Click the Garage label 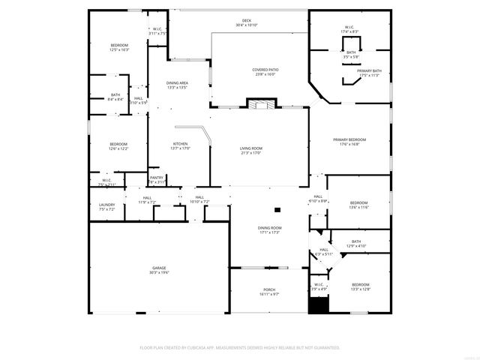[x=159, y=270]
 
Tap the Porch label [x=269, y=292]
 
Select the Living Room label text [x=251, y=151]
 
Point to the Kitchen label [x=181, y=146]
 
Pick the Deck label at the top [x=246, y=22]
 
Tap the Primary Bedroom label [x=349, y=141]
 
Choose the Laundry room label [x=106, y=207]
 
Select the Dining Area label [x=177, y=85]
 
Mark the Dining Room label [x=269, y=229]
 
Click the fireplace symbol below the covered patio [x=262, y=105]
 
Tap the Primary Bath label [x=369, y=73]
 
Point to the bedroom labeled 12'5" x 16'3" [x=119, y=47]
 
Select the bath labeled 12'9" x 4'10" [x=355, y=244]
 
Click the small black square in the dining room [x=277, y=210]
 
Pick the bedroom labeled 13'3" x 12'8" [x=361, y=286]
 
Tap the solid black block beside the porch [x=319, y=306]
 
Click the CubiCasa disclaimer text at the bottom [x=240, y=347]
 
